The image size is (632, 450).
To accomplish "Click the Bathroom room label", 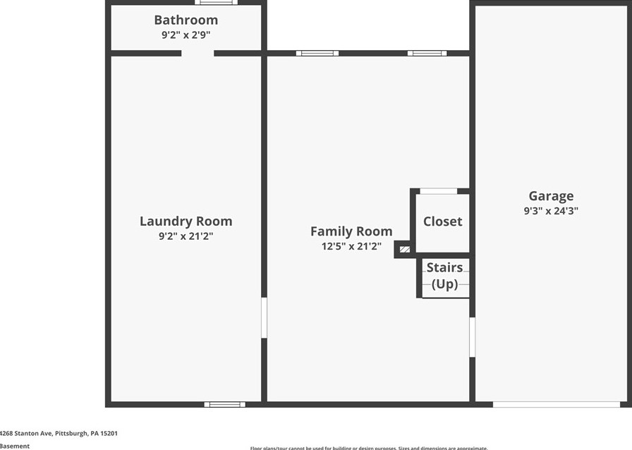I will coord(186,20).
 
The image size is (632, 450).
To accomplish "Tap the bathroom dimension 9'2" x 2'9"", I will coord(186,34).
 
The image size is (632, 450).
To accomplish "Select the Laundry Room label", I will coord(186,221).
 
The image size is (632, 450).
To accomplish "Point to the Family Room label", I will coord(351,231).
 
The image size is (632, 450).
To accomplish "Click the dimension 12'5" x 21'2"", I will coord(351,246).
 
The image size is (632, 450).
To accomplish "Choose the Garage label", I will coord(551,196).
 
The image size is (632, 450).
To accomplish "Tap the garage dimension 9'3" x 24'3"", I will coord(551,210).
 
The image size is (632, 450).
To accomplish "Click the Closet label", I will coord(442,221).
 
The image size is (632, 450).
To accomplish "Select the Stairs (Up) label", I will coord(444,276).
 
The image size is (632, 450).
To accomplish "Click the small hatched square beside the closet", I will coord(404,249).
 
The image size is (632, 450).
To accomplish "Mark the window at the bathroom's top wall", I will coord(216,3).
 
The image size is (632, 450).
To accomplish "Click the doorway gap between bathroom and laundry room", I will coord(197,53).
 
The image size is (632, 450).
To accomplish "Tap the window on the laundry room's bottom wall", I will coord(225,404).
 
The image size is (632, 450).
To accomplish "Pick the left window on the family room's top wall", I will coord(317,53).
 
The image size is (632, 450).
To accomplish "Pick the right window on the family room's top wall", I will coord(427,53).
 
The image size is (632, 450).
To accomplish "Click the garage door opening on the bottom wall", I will coord(556,404).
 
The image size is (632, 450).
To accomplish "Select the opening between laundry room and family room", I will coord(264,317).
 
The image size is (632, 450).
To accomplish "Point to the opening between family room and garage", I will coord(472,336).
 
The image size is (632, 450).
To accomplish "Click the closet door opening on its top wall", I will coord(438,190).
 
